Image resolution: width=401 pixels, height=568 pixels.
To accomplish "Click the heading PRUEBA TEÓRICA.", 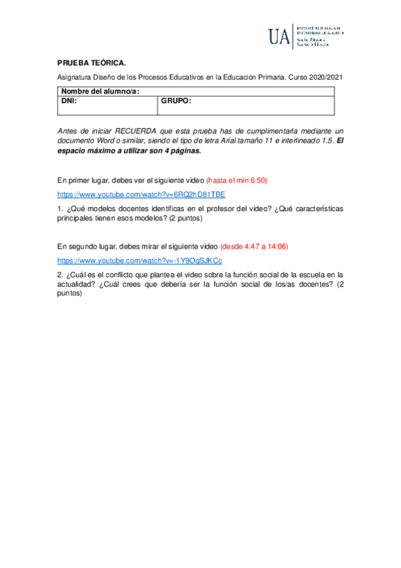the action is tap(91, 62).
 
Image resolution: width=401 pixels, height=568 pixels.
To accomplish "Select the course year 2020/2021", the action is tap(325, 78).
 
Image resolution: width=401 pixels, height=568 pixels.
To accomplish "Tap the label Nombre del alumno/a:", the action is tap(100, 92).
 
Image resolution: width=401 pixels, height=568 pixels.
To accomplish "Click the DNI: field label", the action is tap(69, 101).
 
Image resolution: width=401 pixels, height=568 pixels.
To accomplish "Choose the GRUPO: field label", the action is tap(176, 101).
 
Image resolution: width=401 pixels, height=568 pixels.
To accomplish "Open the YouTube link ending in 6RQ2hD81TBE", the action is tap(141, 195).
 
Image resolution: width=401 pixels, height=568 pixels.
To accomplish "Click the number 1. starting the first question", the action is tap(60, 209).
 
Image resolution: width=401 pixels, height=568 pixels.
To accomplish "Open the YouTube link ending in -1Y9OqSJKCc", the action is tap(140, 261).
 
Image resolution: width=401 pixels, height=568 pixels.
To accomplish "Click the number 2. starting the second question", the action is tap(60, 275).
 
